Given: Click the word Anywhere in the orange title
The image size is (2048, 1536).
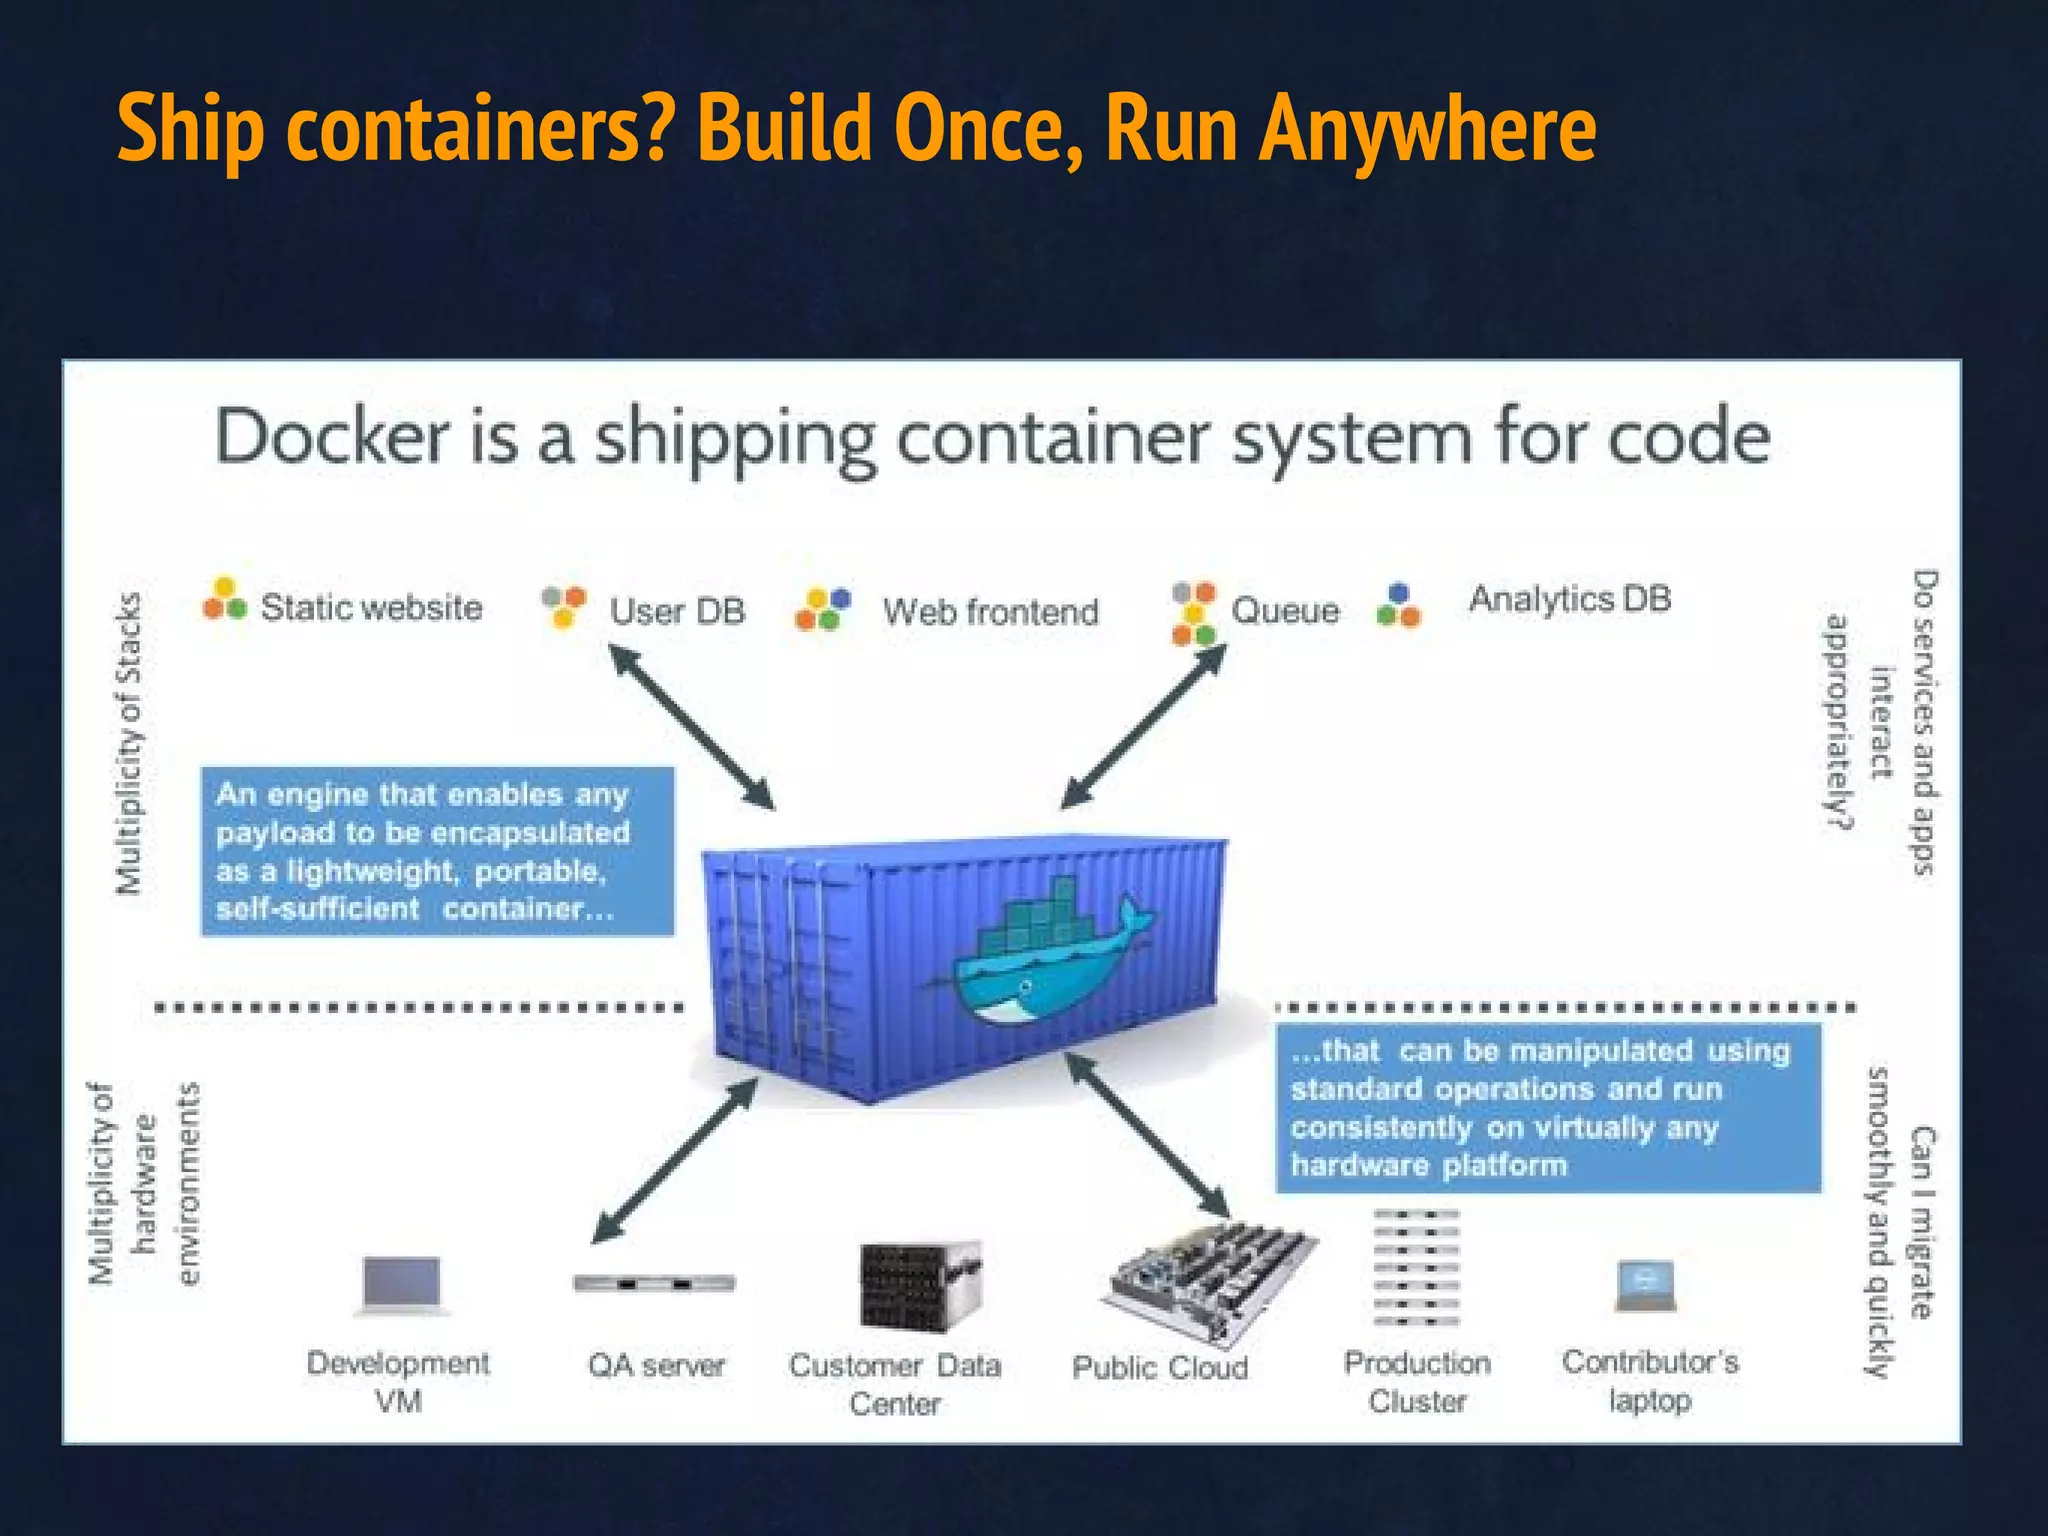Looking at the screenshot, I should click(1426, 130).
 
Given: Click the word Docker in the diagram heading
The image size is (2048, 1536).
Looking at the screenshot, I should click(332, 438).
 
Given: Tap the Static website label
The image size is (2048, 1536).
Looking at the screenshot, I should click(371, 607).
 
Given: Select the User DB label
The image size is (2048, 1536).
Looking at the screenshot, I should click(677, 611).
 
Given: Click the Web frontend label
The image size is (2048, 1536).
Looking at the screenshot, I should click(990, 611).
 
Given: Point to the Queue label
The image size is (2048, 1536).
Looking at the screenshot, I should click(1284, 610).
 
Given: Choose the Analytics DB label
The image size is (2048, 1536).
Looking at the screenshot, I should click(1569, 599).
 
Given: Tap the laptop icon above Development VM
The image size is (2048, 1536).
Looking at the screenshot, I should click(402, 1285).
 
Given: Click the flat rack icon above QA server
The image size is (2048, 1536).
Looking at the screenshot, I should click(654, 1283).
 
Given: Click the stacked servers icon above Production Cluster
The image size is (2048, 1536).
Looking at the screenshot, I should click(1416, 1266).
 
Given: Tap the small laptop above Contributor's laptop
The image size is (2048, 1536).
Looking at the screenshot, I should click(1645, 1285).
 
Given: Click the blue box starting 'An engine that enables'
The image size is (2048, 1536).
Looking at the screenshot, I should click(437, 851).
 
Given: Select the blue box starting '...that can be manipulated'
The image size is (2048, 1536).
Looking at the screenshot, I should click(1547, 1108).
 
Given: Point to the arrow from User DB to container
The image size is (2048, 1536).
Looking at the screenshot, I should click(691, 726).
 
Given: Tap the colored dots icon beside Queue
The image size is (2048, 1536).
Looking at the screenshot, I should click(1193, 612).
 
